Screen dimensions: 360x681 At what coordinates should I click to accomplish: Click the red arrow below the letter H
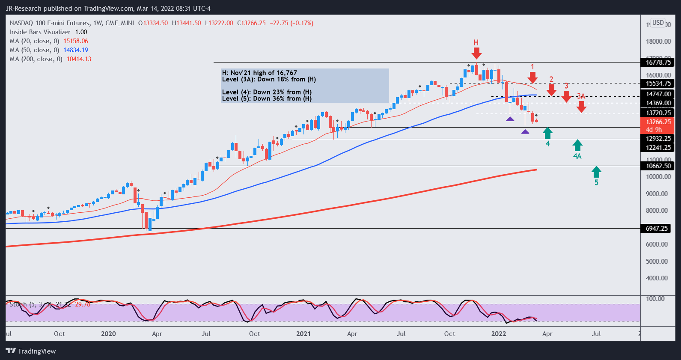(x=476, y=53)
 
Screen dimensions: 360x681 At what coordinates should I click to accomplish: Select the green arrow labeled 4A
(x=577, y=145)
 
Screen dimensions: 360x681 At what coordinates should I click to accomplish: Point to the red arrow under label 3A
(x=581, y=107)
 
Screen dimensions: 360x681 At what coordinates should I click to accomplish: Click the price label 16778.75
(x=658, y=62)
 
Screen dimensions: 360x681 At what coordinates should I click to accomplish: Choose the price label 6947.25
(x=657, y=229)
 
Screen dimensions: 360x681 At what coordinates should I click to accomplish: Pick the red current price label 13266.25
(x=658, y=122)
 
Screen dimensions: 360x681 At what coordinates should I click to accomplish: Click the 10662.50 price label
(x=658, y=166)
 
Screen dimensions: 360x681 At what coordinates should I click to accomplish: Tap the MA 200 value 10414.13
(x=79, y=59)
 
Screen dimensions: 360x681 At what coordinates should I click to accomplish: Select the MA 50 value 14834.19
(x=76, y=50)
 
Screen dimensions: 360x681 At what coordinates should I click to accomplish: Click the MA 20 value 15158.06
(x=76, y=41)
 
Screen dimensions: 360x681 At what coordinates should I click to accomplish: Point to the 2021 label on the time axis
(x=303, y=334)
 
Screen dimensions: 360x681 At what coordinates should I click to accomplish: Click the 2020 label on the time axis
(x=108, y=334)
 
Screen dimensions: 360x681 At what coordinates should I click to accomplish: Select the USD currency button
(x=658, y=23)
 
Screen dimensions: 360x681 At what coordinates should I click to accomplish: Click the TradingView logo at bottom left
(x=31, y=351)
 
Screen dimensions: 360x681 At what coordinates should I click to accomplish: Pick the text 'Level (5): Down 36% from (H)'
(x=267, y=99)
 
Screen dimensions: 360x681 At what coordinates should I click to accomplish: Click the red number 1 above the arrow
(x=532, y=67)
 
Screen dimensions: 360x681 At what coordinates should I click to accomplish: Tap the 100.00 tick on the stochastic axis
(x=655, y=299)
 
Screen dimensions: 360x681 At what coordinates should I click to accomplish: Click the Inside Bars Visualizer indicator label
(x=40, y=32)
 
